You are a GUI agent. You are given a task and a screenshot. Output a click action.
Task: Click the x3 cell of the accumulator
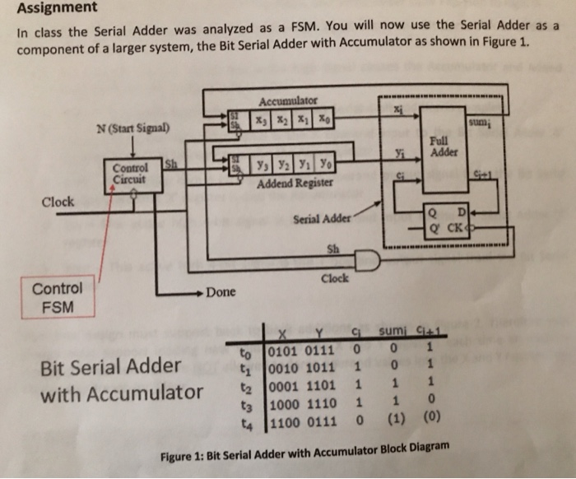click(259, 120)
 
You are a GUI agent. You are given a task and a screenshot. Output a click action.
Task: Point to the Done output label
click(221, 291)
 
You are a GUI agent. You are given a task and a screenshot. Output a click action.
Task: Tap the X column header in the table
click(283, 334)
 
